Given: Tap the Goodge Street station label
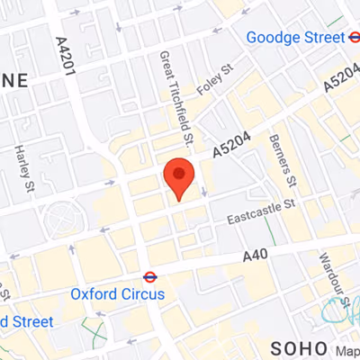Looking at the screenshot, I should [x=295, y=38].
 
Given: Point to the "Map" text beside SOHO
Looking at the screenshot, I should [x=346, y=350].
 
